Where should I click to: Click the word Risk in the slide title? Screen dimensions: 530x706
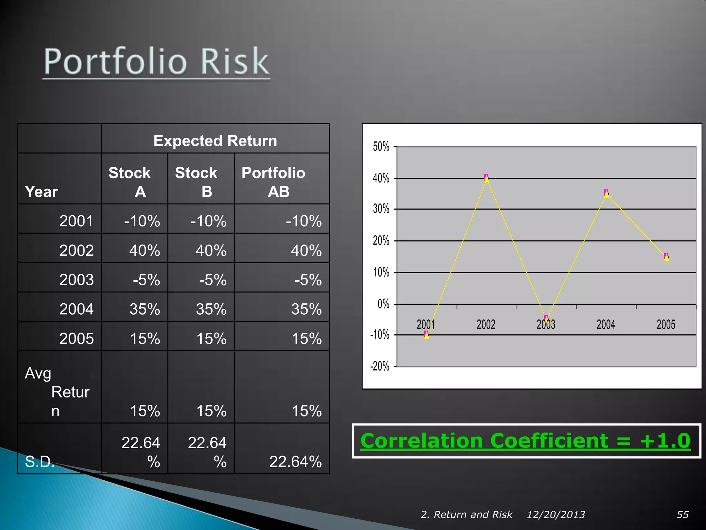coord(234,62)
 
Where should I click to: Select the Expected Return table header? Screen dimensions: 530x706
coord(215,141)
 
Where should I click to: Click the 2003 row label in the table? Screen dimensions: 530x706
coord(76,279)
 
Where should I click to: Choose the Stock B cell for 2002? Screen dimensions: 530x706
coord(211,250)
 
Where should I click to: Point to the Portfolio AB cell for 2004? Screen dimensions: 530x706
coord(306,309)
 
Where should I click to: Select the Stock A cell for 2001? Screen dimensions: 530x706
coord(142,221)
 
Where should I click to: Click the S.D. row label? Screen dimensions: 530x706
coord(40,462)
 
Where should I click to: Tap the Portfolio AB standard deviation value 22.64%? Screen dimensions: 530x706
coord(295,462)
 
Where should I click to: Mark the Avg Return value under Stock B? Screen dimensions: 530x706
coord(211,411)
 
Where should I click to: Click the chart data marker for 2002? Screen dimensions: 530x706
coord(486,178)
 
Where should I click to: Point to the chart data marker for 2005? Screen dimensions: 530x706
coord(666,257)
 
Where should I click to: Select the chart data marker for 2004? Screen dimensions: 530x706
coord(606,193)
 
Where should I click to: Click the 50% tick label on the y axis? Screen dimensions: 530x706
coord(381,147)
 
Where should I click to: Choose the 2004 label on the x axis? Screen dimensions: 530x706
coord(606,325)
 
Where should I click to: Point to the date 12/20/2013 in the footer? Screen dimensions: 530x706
coord(556,514)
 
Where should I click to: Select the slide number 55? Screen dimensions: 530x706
coord(683,514)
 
